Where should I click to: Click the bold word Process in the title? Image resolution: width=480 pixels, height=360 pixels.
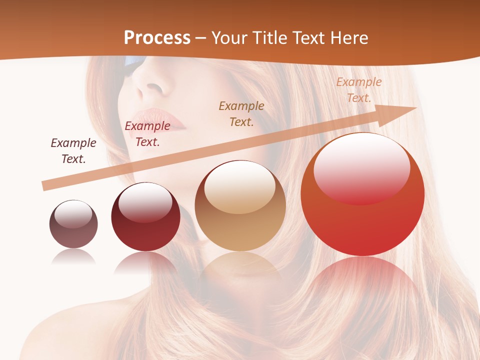point(157,37)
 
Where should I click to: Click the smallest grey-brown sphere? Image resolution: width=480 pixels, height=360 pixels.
point(73,224)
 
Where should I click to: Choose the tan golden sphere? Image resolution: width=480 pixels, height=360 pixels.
point(240,206)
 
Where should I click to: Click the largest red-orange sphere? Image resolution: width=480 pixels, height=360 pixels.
point(362,195)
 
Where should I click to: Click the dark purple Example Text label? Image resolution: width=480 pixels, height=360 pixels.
point(73,151)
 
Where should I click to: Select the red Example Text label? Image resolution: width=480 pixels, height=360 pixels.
point(147,134)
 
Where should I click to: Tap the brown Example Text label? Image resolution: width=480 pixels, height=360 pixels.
point(241,113)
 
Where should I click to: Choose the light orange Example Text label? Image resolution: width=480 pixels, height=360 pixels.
point(358,90)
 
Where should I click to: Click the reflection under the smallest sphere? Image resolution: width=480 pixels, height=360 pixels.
point(73,256)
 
